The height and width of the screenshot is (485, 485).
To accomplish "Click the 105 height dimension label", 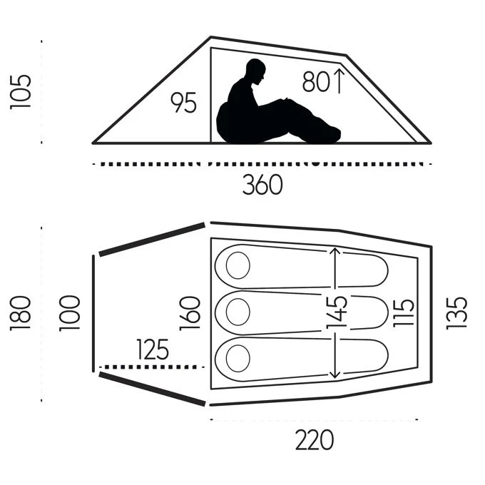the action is pos(21,92).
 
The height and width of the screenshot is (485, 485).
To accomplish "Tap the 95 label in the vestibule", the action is pos(184,103).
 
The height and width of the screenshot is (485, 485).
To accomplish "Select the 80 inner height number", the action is pos(316,81).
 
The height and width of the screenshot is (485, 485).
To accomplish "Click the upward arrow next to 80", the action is pos(339,81).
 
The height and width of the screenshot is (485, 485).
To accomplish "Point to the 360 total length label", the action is pos(262,184).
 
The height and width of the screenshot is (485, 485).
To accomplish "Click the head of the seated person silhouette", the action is pos(256,72).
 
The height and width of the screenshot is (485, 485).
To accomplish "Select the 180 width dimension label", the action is pos(21,314).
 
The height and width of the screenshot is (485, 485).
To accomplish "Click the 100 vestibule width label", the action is pos(70,314).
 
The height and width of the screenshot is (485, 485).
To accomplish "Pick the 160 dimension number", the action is pos(190,314).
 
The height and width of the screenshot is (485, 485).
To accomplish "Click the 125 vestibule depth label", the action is pos(153,349).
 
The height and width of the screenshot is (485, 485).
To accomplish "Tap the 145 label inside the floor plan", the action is pos(337,312).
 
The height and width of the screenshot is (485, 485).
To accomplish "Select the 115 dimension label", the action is pos(404,312).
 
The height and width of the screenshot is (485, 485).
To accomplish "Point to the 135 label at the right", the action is pos(456,313).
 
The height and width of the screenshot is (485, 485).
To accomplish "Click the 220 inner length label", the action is pos(315,440).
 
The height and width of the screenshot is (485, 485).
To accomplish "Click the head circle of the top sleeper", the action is pos(238,265).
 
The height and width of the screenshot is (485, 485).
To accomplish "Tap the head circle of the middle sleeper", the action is pos(238,312).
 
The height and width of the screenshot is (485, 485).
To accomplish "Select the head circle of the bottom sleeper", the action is pos(238,358).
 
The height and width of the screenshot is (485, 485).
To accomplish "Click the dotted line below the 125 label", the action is pos(151,367).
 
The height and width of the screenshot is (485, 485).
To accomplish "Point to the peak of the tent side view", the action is pos(211,37).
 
